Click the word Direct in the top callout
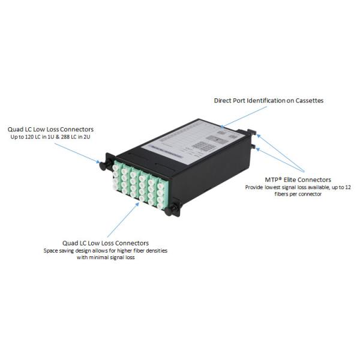(x=224, y=100)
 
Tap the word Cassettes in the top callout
(x=309, y=100)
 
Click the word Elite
(x=290, y=179)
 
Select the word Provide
(x=255, y=188)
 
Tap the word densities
(x=155, y=250)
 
